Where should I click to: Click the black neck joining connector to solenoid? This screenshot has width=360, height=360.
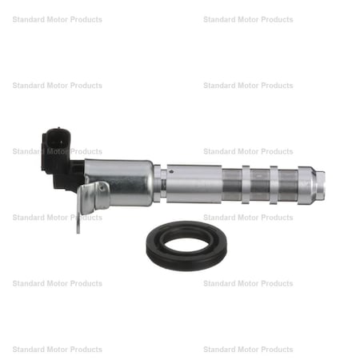tap(74, 171)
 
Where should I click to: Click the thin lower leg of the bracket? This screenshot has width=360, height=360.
tap(79, 220)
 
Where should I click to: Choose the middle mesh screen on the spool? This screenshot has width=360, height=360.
tap(259, 183)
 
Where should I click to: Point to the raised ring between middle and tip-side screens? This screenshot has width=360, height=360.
tap(274, 183)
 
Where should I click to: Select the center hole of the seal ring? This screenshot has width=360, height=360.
tap(186, 239)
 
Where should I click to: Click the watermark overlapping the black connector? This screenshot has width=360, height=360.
tap(56, 151)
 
